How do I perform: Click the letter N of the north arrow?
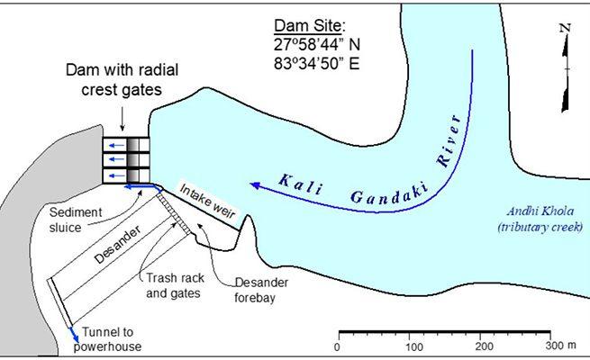[565, 28]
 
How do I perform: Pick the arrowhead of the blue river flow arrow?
[255, 185]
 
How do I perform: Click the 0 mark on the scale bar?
[337, 346]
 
